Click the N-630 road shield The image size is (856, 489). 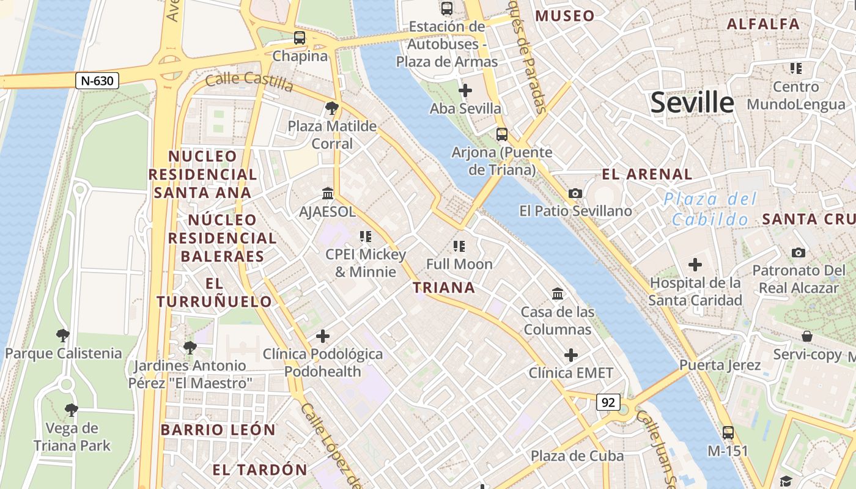point(97,80)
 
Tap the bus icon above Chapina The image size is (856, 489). point(299,38)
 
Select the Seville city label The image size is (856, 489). point(692,102)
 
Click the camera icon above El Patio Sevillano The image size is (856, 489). point(575,193)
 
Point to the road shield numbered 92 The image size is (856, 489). point(608,402)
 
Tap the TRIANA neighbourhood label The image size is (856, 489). point(444,287)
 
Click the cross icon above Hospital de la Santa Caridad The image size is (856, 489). point(695,265)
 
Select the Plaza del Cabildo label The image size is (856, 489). point(710,209)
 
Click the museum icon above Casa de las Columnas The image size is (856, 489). point(557,294)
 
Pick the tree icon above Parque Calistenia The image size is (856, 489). point(62,335)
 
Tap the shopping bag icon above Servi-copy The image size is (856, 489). point(807,336)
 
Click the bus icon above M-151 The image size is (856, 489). point(728,432)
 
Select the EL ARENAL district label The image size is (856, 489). point(647,174)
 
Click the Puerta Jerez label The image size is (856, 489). point(720,366)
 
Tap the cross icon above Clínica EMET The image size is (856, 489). point(570,355)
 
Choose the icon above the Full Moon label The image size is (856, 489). point(459,246)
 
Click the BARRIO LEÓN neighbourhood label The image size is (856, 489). point(218,430)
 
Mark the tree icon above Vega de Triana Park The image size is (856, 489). point(72,410)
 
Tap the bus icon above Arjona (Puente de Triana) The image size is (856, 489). point(501,134)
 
